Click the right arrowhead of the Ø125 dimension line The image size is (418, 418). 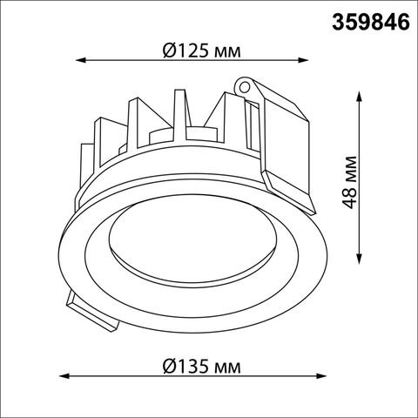pos(307,61)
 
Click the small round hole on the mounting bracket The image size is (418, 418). pos(245,88)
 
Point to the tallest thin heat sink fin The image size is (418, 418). pos(182,113)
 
